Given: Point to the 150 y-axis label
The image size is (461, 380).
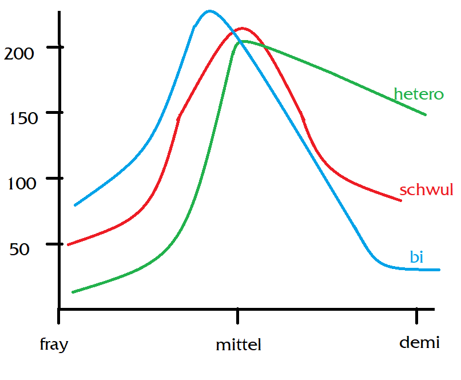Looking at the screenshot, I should (x=24, y=118).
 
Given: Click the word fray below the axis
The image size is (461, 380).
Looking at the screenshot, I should (x=54, y=345).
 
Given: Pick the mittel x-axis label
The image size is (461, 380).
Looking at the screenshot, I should (x=238, y=345).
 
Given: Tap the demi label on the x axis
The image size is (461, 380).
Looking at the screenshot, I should (x=419, y=343).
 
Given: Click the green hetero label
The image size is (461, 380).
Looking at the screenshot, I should (x=419, y=94).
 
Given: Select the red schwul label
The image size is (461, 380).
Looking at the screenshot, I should (x=426, y=190).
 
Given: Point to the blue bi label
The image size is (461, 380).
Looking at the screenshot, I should (x=416, y=258).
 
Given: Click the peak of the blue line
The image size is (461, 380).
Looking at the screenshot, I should (x=209, y=11).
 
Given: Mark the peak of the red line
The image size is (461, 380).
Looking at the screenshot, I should (x=243, y=28).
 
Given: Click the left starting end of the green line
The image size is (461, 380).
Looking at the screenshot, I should (x=73, y=292).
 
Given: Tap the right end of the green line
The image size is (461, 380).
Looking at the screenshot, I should (x=426, y=114).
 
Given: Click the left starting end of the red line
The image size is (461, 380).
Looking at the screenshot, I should (x=69, y=244).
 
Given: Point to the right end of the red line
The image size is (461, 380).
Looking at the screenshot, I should (x=400, y=200).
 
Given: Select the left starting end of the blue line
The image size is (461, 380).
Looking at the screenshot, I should (x=75, y=205).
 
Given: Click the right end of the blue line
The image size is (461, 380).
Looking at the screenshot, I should (x=439, y=270).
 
